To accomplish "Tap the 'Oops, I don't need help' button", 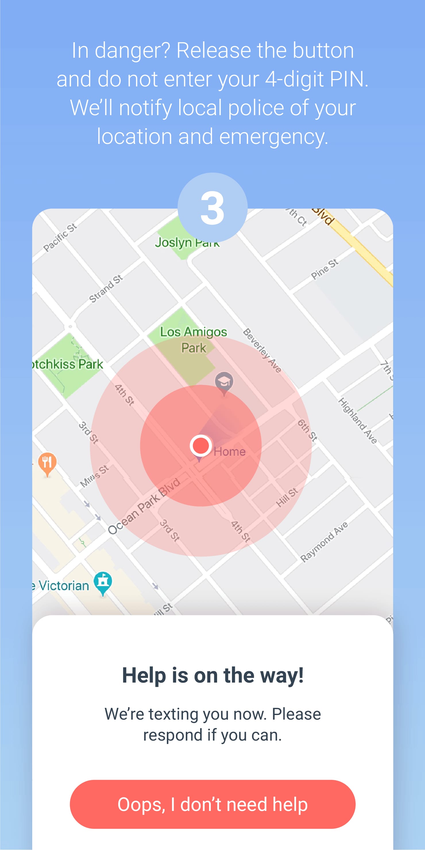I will (x=212, y=804).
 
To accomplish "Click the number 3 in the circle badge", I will (x=212, y=208).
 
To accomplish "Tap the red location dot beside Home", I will (x=201, y=445).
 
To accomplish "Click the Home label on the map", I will (x=230, y=451).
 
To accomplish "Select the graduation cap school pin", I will (x=224, y=382).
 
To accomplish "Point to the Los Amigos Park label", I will (x=194, y=339).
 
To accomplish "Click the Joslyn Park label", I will (x=187, y=243).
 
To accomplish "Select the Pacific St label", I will (x=60, y=237).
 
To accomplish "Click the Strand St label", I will (x=106, y=288).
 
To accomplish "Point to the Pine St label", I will (x=325, y=269).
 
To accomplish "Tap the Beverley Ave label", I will (x=262, y=350).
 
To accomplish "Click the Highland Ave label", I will (x=357, y=420).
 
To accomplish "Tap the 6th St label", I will (x=308, y=430).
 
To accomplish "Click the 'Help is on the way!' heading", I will (x=212, y=675).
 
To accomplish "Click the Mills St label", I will (x=94, y=476).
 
